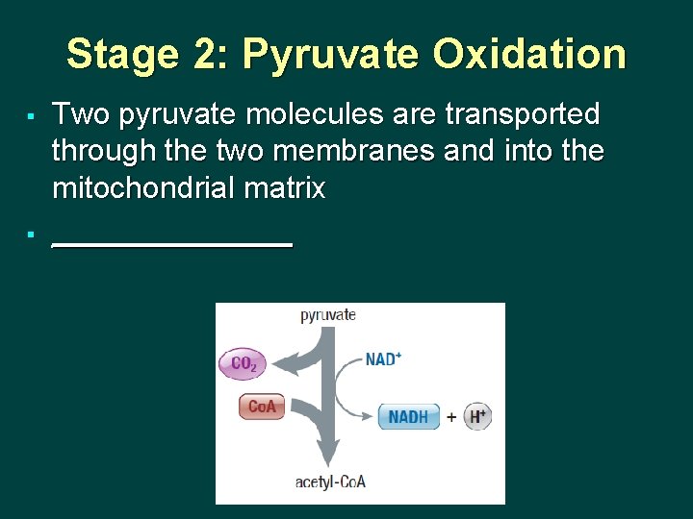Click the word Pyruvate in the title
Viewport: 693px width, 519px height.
331,55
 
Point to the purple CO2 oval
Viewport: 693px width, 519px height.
244,363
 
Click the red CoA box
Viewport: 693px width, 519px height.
262,407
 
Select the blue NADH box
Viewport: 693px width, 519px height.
408,416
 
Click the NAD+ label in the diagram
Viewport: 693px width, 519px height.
383,359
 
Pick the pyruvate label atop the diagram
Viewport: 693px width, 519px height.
327,314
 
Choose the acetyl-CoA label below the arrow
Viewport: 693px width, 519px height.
330,482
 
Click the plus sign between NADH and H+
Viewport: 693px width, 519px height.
451,416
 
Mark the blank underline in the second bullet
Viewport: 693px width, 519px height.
172,246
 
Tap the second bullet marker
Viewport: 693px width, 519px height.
31,235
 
